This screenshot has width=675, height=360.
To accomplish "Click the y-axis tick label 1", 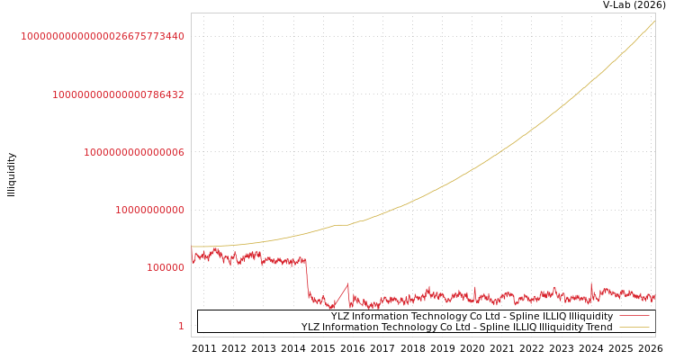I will coord(181,326).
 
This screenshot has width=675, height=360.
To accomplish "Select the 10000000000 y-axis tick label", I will coord(149,211).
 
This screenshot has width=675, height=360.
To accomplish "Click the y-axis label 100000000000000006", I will coord(134,153).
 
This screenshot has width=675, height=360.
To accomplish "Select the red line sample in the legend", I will coord(634,317).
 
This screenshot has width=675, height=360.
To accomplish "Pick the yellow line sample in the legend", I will coord(634,328).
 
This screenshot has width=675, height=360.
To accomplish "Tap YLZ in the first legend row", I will coord(341,317).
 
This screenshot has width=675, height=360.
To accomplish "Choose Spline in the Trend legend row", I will coord(497,328).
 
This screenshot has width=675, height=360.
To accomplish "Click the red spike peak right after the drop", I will coord(347,284).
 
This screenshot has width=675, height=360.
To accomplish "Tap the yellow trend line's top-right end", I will coord(654,21).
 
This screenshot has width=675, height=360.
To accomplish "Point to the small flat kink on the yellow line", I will coord(343,224).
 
